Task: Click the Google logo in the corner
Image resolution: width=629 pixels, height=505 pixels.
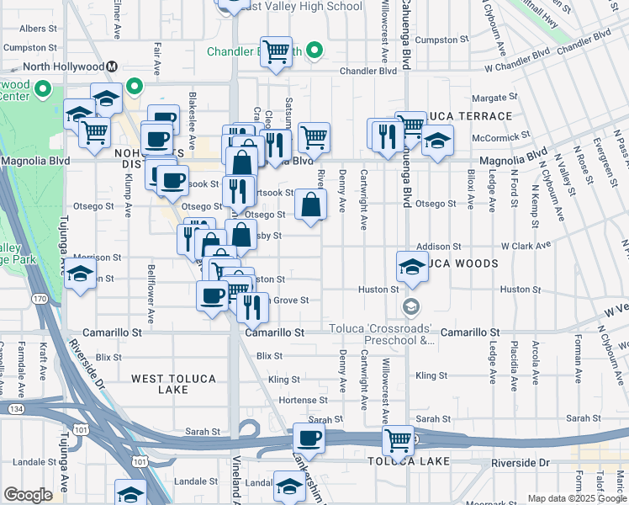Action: point(29,494)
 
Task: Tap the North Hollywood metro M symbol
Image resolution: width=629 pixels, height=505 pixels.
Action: point(111,66)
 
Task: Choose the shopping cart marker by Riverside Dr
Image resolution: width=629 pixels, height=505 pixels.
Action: point(398,439)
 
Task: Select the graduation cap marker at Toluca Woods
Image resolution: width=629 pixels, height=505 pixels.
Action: point(412,267)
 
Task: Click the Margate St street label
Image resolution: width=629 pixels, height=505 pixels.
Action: point(492,98)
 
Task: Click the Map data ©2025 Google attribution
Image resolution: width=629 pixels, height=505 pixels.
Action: point(577,498)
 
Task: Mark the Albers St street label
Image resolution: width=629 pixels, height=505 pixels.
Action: point(37,28)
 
